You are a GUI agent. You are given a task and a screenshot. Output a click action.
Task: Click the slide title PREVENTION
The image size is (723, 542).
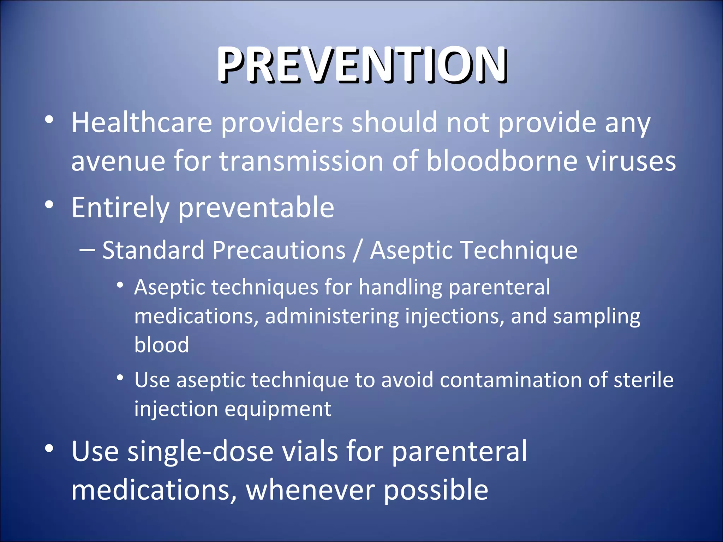[x=362, y=65]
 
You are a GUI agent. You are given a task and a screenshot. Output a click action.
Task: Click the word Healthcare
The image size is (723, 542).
[x=142, y=122]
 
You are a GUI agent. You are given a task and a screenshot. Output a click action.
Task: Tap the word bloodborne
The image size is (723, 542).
[x=501, y=161]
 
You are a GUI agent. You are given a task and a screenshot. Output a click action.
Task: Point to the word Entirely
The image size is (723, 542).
[x=120, y=208]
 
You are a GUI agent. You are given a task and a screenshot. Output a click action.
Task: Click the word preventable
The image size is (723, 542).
[x=256, y=208]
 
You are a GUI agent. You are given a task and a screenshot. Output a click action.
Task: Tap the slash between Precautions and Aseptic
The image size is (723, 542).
[x=357, y=251]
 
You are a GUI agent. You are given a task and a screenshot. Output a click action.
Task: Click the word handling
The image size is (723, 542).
[x=400, y=287]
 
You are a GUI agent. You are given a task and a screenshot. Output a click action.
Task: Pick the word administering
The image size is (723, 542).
[x=332, y=316]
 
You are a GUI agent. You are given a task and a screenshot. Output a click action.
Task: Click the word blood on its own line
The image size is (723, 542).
[x=162, y=345]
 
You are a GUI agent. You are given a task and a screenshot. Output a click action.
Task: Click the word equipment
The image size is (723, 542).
[x=278, y=409]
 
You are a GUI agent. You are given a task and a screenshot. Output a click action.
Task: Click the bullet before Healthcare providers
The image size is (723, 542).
[x=49, y=120]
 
